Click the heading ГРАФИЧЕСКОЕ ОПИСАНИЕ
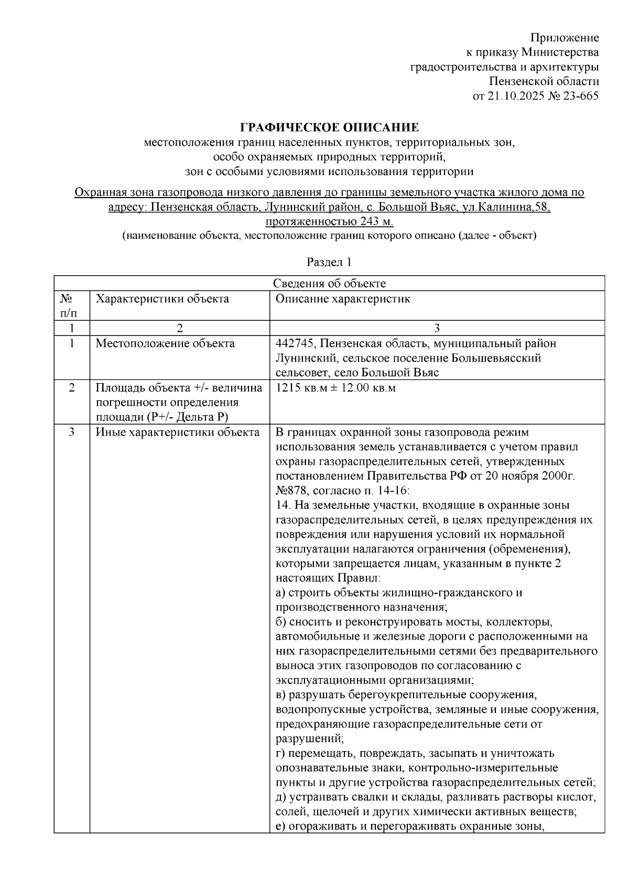(x=329, y=127)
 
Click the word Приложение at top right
(x=565, y=38)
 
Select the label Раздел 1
(x=329, y=262)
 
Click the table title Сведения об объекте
(x=329, y=284)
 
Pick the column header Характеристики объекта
(x=162, y=299)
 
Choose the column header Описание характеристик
(x=343, y=299)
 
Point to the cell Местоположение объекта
(x=165, y=343)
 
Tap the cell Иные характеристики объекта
(x=177, y=432)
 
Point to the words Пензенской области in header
(x=544, y=81)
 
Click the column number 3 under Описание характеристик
(x=437, y=328)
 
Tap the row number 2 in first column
(x=71, y=388)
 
